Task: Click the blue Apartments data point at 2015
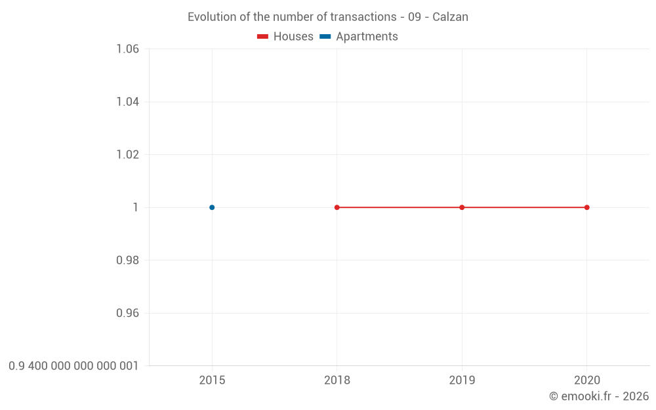[212, 207]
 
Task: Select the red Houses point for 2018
[337, 207]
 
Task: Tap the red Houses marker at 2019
[462, 207]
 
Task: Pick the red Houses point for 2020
[586, 207]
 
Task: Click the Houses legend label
[293, 37]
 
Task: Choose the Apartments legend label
[367, 37]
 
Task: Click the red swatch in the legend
[263, 37]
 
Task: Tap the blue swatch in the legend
[325, 37]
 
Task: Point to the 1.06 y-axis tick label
[127, 49]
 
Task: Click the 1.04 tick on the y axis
[127, 102]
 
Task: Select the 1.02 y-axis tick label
[127, 155]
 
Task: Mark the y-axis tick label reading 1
[136, 207]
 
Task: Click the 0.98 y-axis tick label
[127, 260]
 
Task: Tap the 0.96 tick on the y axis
[127, 313]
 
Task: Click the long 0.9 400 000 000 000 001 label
[73, 366]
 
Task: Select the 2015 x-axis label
[212, 380]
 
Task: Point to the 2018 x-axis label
[337, 380]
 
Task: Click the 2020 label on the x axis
[586, 380]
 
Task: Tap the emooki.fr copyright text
[598, 396]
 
